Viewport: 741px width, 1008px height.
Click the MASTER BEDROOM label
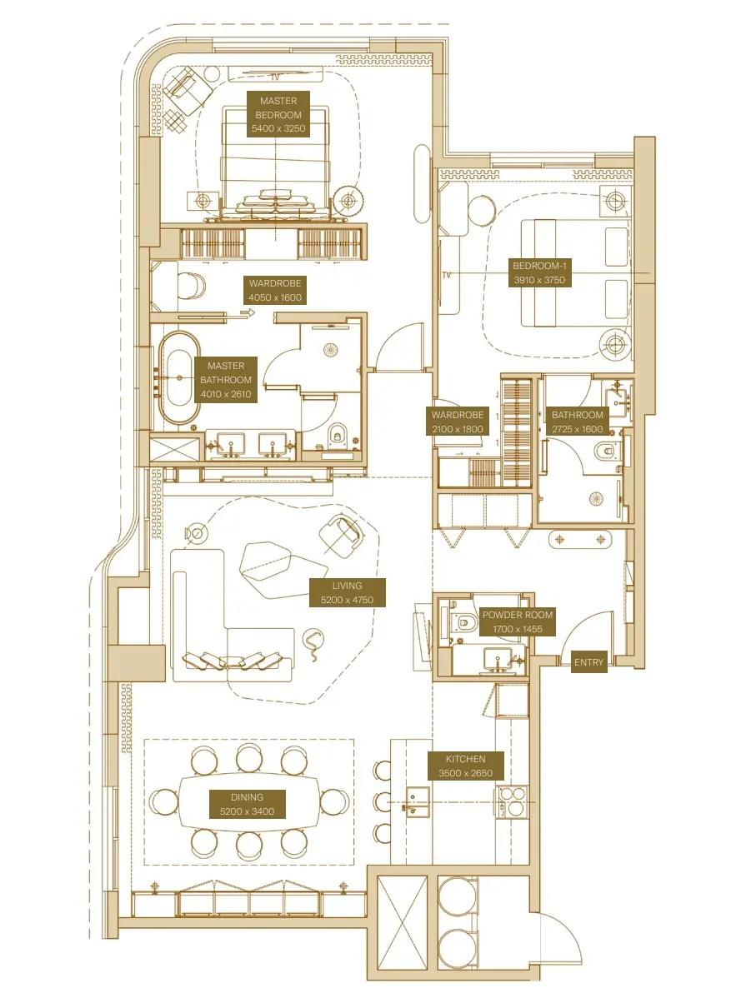(x=278, y=115)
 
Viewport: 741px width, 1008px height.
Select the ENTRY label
(x=588, y=662)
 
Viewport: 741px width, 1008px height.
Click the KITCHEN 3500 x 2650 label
(x=465, y=766)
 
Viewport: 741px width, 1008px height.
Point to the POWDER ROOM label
(x=517, y=621)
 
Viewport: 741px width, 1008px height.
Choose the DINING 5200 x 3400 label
(x=247, y=804)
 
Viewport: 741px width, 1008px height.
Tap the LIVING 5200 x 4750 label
(x=347, y=592)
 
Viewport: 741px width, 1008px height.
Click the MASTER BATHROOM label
(x=226, y=380)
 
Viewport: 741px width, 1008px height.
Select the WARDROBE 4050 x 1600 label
(x=275, y=290)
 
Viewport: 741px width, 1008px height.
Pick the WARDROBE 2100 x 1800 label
(x=457, y=421)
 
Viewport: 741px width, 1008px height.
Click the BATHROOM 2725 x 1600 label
(x=577, y=421)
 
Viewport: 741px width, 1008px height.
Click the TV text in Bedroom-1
(x=448, y=274)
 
